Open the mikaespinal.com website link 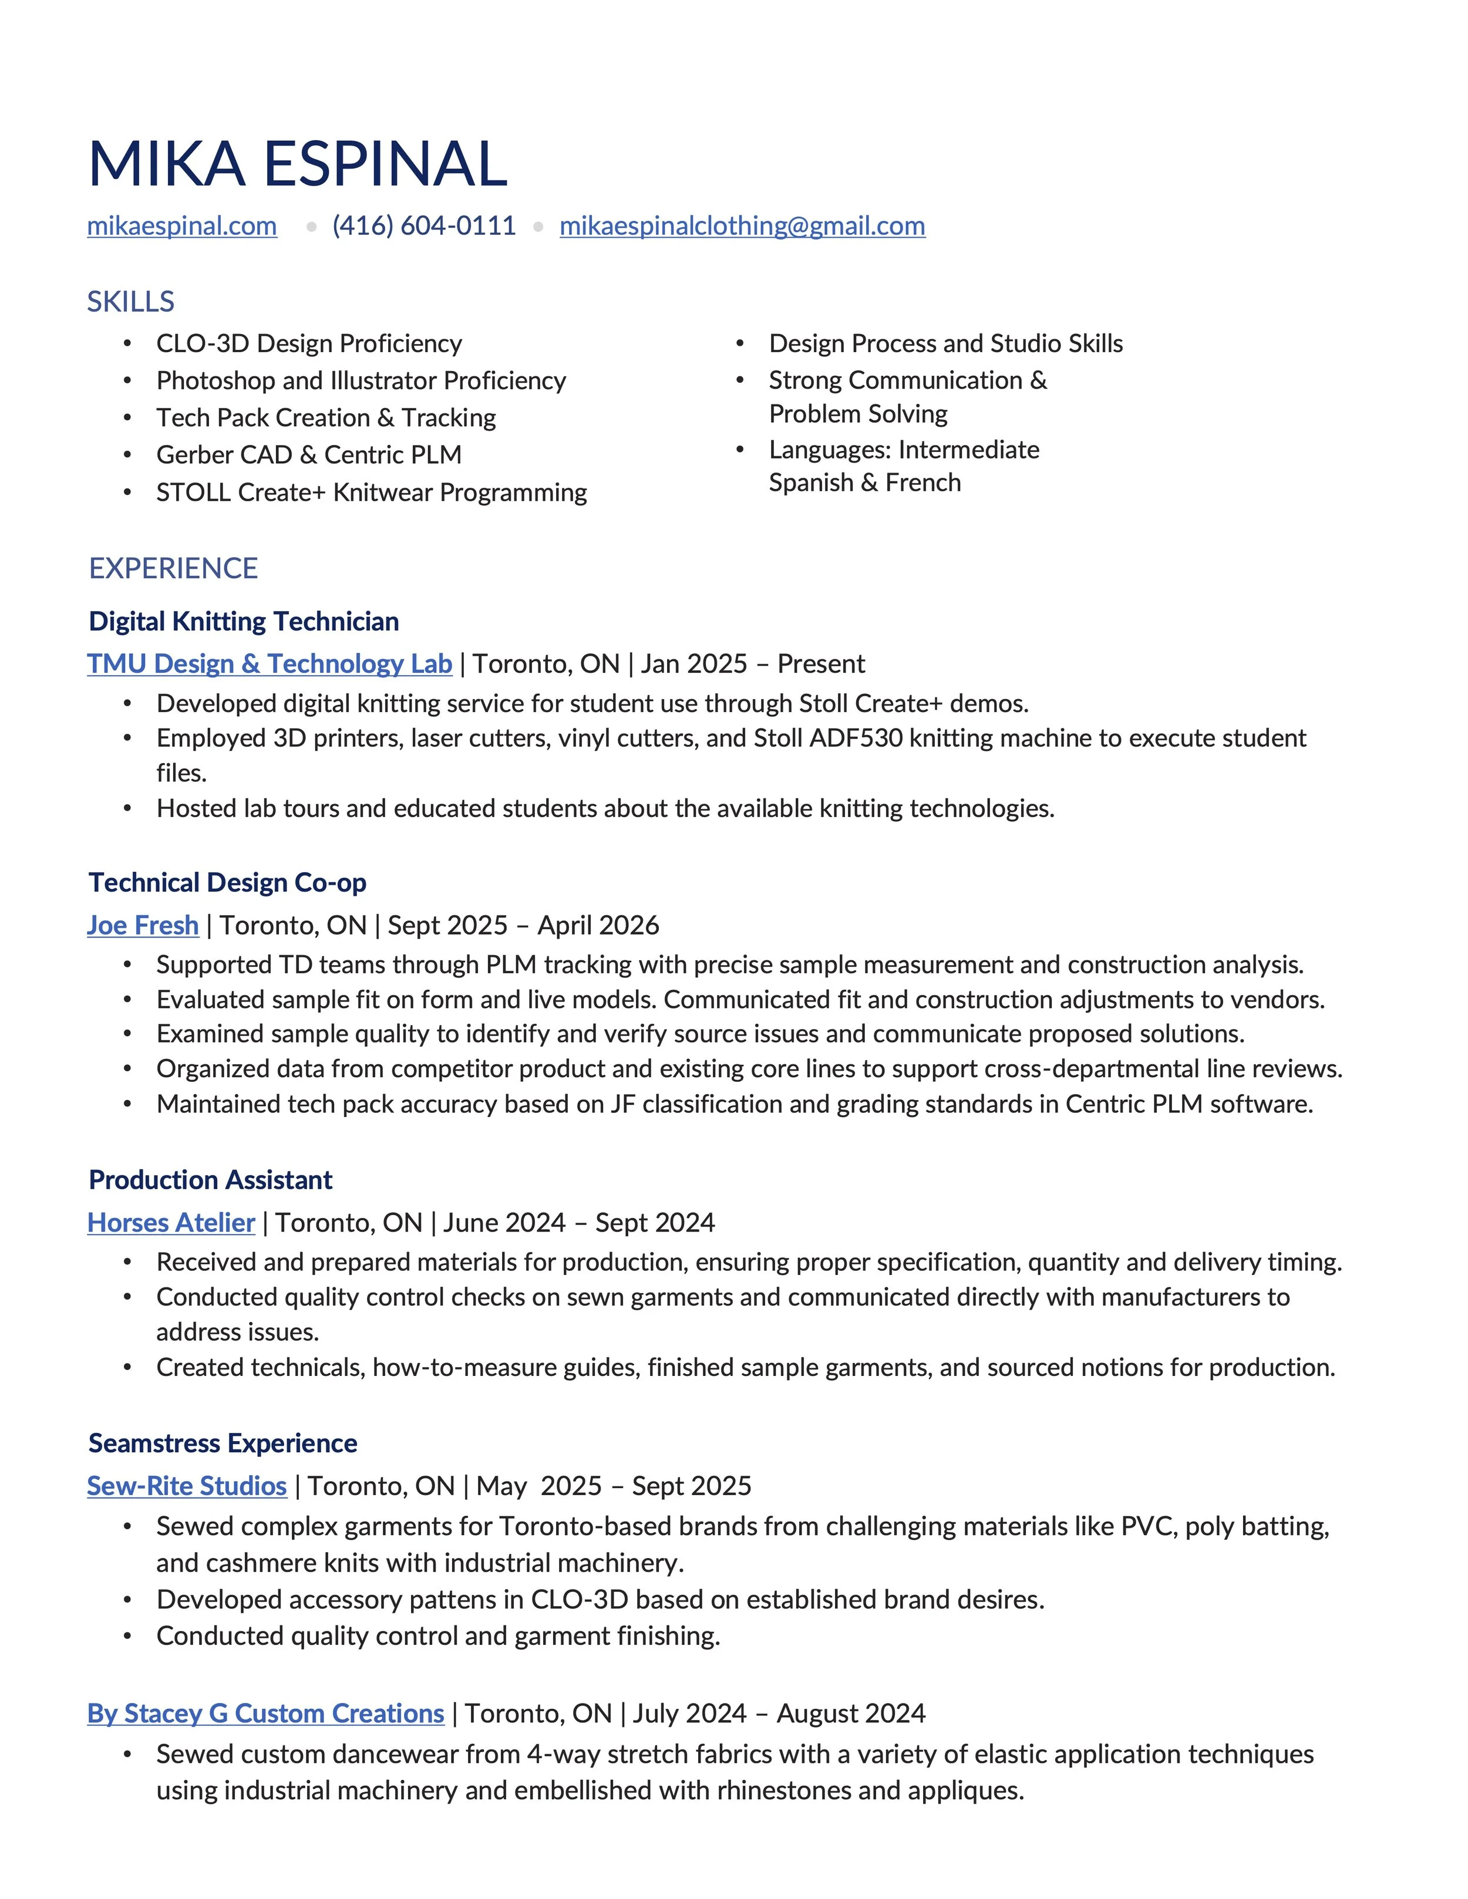(x=182, y=226)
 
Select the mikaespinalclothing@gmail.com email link (x=742, y=226)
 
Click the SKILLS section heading (x=130, y=302)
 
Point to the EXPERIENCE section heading (x=173, y=569)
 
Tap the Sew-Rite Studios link (x=187, y=1486)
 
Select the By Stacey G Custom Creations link (x=265, y=1713)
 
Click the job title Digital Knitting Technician (x=244, y=622)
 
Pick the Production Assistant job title (x=210, y=1180)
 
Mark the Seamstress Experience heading (x=223, y=1443)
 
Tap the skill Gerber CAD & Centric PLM (x=309, y=455)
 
